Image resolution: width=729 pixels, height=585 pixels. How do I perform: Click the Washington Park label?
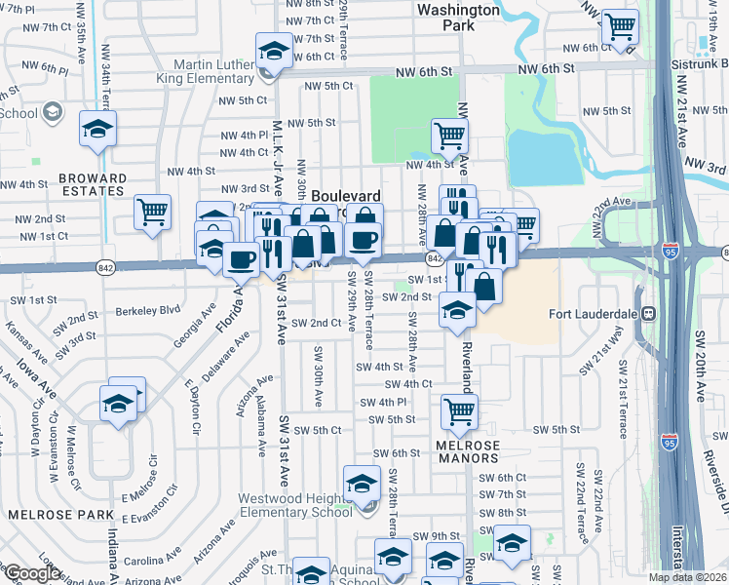click(x=458, y=17)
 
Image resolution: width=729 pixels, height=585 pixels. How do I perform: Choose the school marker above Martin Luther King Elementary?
click(x=275, y=51)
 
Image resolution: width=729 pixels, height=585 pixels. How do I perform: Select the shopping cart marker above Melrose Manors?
click(x=459, y=411)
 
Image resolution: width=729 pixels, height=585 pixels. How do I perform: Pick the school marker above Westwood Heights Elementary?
click(x=361, y=483)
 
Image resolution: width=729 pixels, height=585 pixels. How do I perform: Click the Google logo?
click(x=31, y=573)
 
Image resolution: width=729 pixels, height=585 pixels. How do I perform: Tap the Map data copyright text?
click(x=685, y=577)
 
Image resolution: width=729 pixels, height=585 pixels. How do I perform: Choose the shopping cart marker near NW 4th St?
click(x=448, y=136)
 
